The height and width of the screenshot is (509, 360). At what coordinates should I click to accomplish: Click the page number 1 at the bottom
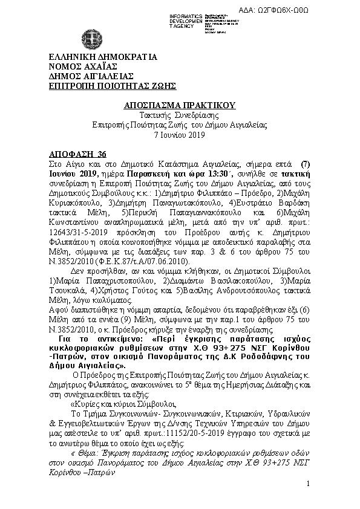pos(308,484)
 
